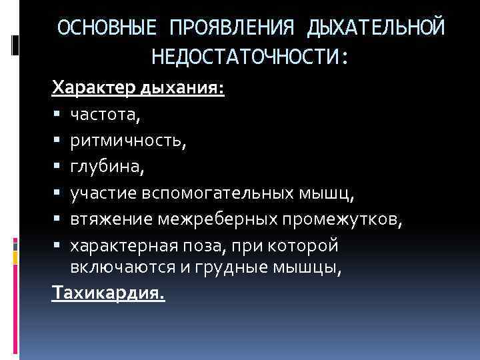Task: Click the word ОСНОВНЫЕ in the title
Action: pos(107,28)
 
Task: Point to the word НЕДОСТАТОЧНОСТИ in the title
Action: pos(245,57)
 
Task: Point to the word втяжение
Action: pos(113,219)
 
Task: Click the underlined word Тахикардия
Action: pos(107,293)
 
